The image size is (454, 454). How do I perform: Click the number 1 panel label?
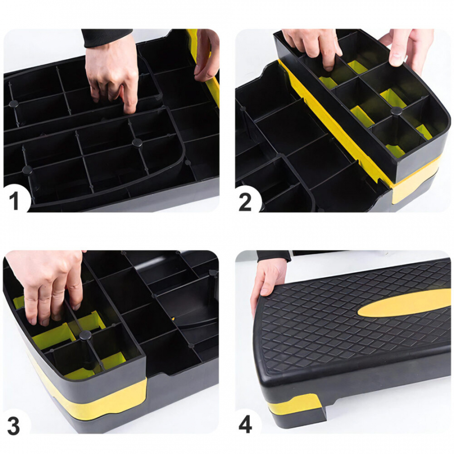[14, 201]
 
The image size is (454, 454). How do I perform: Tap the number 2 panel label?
[245, 202]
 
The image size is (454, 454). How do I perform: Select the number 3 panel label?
[13, 425]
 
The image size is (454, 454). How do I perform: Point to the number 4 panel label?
[245, 425]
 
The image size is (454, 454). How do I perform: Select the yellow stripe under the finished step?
[295, 404]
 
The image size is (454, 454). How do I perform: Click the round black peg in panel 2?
[396, 110]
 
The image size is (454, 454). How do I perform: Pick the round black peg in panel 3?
[85, 335]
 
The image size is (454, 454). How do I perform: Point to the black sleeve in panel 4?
[273, 256]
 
